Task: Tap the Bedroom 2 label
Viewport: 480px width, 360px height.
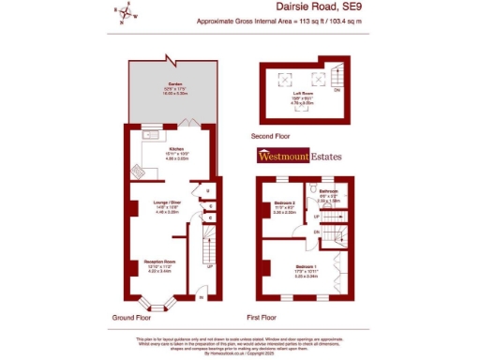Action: click(x=285, y=202)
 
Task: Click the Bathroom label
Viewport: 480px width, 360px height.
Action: click(x=327, y=190)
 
